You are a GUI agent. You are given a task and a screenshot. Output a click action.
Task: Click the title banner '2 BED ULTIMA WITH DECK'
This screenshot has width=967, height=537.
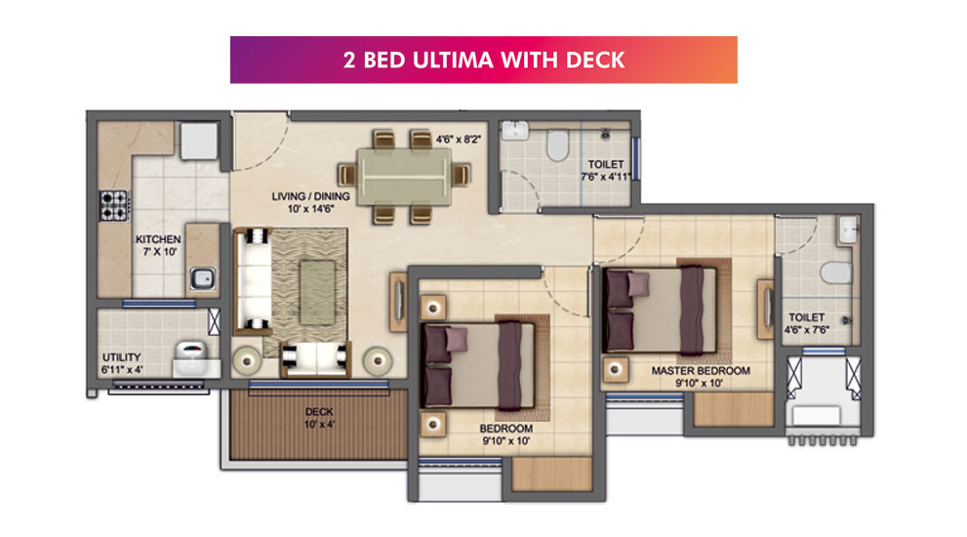coord(484,60)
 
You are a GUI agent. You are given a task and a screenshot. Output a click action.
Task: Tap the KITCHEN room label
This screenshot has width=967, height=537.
coord(158,239)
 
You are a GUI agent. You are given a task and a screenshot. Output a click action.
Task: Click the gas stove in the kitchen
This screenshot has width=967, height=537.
coord(115,206)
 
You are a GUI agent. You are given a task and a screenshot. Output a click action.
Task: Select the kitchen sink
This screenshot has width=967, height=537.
coord(202,278)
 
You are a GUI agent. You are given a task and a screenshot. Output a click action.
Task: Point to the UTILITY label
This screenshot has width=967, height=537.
coord(122,357)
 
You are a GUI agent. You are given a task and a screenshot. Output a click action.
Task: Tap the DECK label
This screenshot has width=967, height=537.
coord(319,412)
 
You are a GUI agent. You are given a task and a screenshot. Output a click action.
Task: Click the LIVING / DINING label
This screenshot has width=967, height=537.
coord(311,196)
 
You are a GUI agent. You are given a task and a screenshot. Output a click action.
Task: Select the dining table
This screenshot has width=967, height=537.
coord(404,176)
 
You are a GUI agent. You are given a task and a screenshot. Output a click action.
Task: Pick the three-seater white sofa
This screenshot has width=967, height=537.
coord(252,281)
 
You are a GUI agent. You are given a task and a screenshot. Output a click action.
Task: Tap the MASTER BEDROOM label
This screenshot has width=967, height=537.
coord(701,371)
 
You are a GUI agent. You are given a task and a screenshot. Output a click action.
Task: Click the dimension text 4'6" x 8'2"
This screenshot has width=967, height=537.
coord(459,140)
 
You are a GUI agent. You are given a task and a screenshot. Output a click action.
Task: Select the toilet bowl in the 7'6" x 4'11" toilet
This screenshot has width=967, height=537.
coord(557,145)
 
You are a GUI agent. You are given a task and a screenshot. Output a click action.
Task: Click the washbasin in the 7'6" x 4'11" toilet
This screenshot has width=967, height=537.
coord(514,130)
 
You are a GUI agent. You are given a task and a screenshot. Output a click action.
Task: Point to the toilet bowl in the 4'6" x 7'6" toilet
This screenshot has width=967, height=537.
coord(836,272)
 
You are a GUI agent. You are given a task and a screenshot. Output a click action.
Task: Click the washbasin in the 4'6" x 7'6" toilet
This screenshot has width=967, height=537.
coord(849,229)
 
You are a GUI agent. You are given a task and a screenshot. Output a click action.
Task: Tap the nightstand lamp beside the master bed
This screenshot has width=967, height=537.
coord(615,369)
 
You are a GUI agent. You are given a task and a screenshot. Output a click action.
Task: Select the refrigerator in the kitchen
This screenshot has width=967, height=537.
coord(199,141)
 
